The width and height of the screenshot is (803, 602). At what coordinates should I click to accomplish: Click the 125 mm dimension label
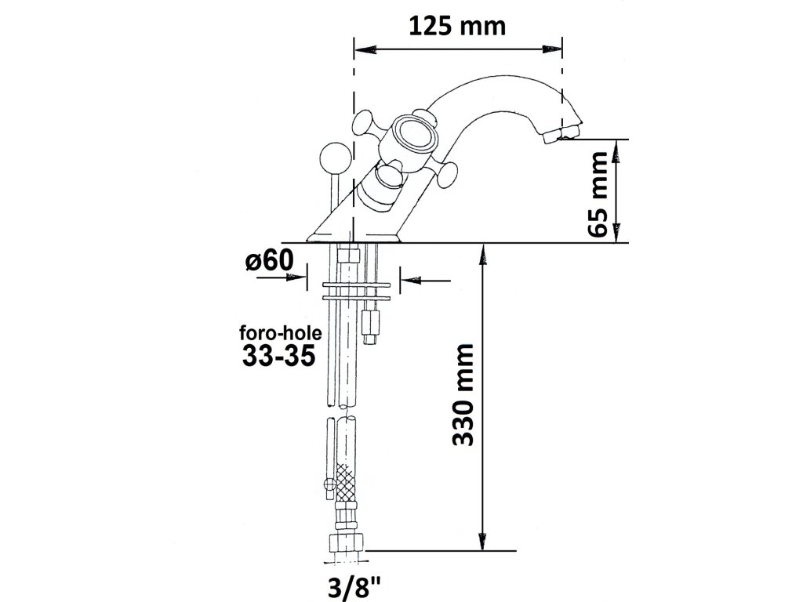[x=457, y=25]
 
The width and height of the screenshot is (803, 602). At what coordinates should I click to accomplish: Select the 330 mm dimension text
[x=466, y=394]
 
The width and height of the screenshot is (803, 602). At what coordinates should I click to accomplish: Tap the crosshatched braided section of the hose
[x=346, y=483]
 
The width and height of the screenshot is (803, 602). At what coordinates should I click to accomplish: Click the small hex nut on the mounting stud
[x=372, y=321]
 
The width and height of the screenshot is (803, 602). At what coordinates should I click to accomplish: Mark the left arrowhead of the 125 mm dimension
[x=362, y=49]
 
